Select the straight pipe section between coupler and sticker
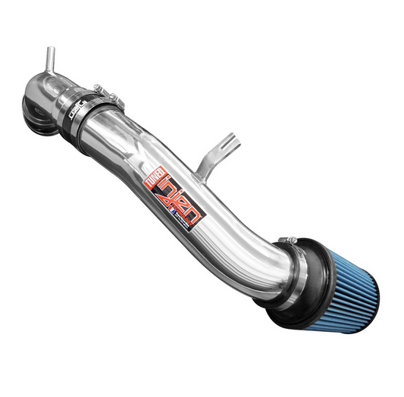125,136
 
